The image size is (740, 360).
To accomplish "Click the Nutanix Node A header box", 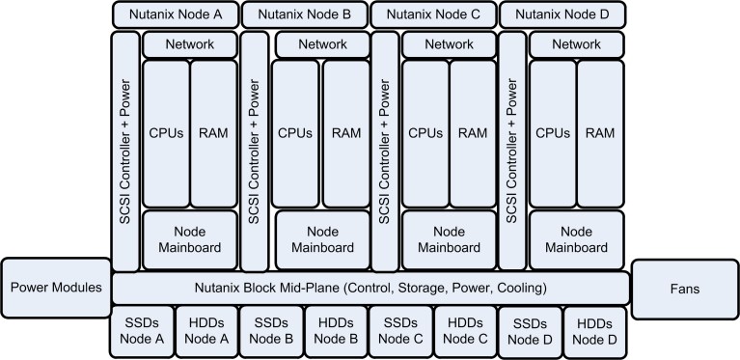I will coord(176,14).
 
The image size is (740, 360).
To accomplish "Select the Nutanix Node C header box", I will coord(433,14).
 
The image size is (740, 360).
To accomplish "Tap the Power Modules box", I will coord(55,287).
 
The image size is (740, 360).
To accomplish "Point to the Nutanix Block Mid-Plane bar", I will coord(371,287).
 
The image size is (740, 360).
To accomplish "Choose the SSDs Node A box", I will coord(143,330).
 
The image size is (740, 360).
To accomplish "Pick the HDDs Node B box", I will coord(336,330).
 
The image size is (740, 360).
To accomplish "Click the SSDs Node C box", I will coord(400,330).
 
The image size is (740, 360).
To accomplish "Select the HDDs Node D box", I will coord(593,330).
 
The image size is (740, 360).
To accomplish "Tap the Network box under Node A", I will coord(189,44).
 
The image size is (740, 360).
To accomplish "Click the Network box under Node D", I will coord(577,44).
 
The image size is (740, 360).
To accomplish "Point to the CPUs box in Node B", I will coord(294,132).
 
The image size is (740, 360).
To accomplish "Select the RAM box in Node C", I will coord(473,132).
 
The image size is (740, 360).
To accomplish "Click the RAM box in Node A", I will coord(212,132).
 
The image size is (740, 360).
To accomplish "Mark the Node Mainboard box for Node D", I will coord(577,239).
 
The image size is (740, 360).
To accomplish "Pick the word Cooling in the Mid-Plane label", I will coord(518,287).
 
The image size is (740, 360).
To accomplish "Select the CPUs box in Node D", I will coord(552,132).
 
